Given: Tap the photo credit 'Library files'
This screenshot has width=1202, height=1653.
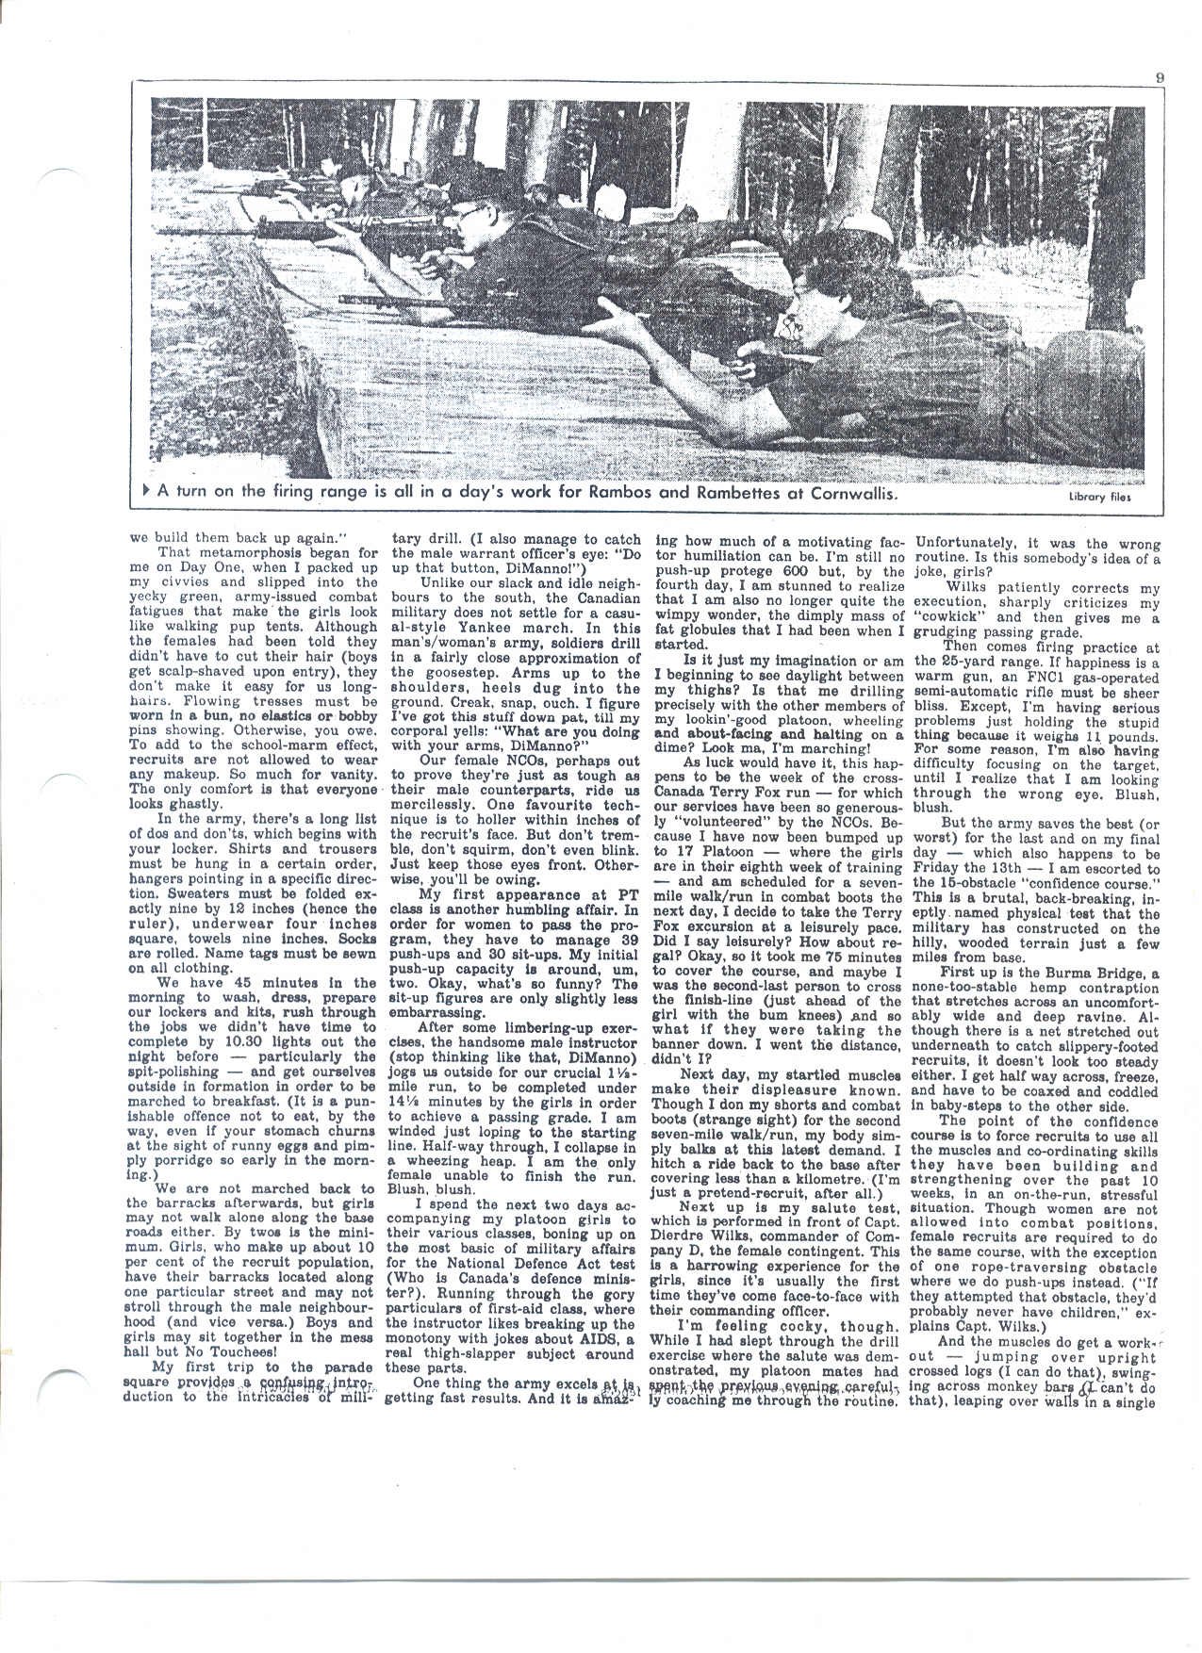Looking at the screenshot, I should coord(1097,498).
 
